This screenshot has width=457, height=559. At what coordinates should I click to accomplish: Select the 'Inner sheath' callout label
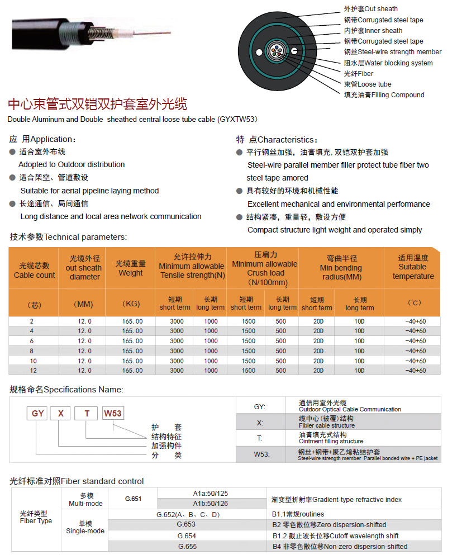[x=373, y=31]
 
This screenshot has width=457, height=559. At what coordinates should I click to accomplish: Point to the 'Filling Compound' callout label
[x=384, y=95]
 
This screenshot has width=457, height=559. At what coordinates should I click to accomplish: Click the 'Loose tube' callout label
[x=368, y=84]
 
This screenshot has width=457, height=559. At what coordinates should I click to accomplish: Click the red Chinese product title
[x=97, y=105]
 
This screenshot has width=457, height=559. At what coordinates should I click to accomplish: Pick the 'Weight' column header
[x=131, y=268]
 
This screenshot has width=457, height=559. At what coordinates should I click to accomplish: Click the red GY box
[x=38, y=414]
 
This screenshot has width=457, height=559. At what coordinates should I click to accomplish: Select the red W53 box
[x=112, y=414]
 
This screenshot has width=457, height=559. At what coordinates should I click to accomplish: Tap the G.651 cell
[x=132, y=499]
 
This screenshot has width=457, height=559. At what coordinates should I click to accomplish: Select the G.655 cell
[x=186, y=546]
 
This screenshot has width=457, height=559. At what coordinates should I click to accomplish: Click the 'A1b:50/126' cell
[x=211, y=504]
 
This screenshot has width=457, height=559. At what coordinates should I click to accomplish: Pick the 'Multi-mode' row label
[x=85, y=499]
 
